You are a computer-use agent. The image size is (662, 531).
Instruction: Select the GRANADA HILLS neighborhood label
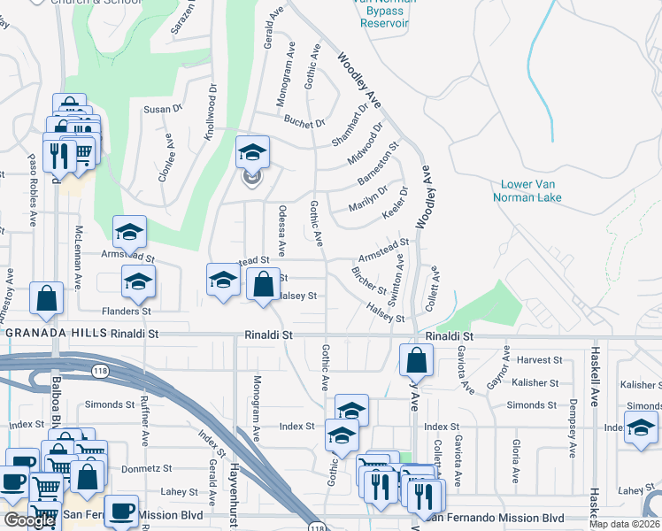click(57, 334)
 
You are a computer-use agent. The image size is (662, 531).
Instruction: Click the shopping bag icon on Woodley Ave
click(416, 360)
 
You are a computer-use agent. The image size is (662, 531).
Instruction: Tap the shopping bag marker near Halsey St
click(263, 285)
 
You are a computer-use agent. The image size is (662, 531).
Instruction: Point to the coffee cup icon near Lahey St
click(121, 512)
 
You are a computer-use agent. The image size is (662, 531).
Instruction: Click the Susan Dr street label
click(162, 109)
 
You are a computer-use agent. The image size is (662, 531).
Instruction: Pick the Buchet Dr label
click(305, 123)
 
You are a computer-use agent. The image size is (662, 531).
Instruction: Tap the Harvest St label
click(539, 359)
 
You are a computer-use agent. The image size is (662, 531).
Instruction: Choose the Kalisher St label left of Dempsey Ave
click(534, 383)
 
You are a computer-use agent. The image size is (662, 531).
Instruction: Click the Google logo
click(29, 520)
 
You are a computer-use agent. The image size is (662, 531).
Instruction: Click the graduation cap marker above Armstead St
click(129, 233)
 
